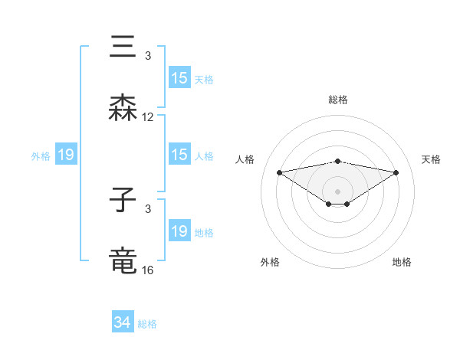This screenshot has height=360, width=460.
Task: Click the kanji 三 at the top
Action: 123,47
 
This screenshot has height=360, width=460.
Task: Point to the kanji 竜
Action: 123,260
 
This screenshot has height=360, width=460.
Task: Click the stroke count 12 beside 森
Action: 148,117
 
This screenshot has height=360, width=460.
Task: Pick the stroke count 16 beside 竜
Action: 148,270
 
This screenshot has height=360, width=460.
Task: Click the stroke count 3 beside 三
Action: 148,56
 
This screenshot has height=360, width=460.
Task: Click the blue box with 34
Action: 123,322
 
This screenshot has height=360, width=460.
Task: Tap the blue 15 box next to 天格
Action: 179,78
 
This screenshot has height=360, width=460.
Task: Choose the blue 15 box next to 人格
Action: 179,155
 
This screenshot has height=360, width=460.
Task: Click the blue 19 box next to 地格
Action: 179,231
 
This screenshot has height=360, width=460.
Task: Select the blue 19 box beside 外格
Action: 66,155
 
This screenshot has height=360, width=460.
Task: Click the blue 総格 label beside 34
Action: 147,324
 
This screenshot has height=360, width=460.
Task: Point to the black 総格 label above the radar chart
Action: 337,100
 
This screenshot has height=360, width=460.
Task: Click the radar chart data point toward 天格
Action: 396,172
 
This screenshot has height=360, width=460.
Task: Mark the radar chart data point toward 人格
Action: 279,172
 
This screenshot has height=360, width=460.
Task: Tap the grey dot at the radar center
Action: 337,191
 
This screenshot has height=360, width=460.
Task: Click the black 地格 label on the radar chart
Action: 402,262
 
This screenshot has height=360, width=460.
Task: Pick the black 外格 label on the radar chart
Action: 270,262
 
